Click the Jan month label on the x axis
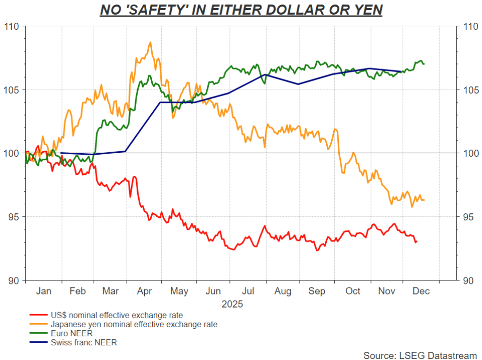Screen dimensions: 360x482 43,291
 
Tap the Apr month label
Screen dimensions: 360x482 144,291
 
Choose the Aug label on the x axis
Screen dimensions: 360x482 283,291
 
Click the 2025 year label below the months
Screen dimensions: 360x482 232,305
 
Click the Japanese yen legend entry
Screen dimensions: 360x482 133,325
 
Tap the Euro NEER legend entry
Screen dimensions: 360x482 71,334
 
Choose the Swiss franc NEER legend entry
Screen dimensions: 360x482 83,343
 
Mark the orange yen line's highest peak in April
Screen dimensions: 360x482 150,42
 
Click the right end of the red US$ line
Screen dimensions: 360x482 416,242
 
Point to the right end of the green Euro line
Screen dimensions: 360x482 424,64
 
